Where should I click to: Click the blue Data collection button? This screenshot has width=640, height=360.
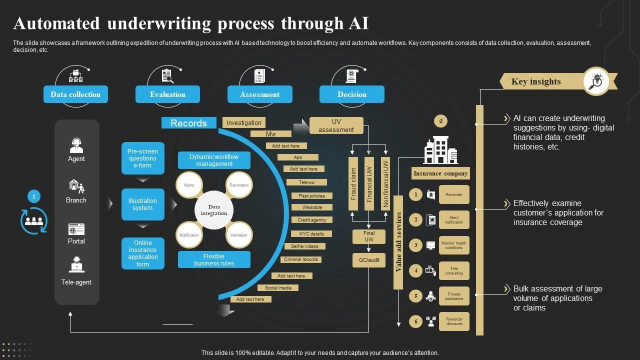pos(75,94)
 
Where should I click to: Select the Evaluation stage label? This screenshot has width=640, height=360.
pos(167,94)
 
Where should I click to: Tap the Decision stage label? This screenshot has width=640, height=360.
pos(351,94)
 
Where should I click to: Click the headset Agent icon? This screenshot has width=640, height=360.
pos(76,145)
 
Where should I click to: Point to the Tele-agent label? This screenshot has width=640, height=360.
pos(76,282)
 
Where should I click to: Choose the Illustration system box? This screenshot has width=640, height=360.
pos(142,204)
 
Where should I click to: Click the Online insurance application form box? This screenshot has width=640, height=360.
pos(142,253)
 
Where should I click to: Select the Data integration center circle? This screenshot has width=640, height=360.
pos(214,210)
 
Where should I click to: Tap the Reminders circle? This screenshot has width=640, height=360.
pos(239,185)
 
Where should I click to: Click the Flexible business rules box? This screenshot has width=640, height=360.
pos(214,259)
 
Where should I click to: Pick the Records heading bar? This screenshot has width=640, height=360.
pos(188,123)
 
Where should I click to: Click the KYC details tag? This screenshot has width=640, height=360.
pos(311,233)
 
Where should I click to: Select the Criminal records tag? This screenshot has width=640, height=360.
pos(301,259)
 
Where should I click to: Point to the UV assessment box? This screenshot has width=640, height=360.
pos(336,125)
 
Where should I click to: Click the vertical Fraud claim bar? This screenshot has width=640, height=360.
pos(353,183)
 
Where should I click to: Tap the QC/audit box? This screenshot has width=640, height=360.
pos(369,260)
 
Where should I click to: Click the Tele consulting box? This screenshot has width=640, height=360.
pos(454,270)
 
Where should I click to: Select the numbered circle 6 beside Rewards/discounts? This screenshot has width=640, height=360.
pos(415,321)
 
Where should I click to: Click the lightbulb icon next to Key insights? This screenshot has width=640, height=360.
pos(596,81)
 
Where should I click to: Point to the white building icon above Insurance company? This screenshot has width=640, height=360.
pos(440,150)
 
